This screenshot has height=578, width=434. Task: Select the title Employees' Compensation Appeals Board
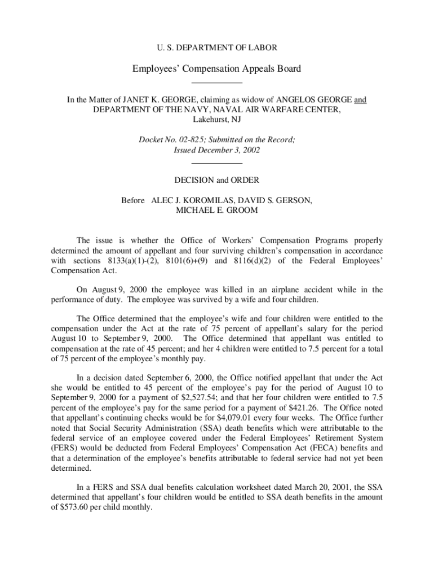point(216,69)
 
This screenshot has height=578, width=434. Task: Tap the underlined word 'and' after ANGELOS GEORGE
point(360,100)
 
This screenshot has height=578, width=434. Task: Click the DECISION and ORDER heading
point(216,180)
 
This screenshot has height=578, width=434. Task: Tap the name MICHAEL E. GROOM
point(217,211)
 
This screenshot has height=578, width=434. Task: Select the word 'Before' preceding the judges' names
point(133,200)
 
